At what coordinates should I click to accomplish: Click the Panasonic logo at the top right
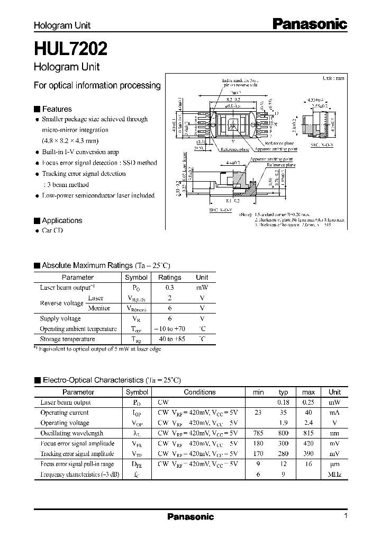(310, 23)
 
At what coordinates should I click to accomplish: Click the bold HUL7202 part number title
(71, 49)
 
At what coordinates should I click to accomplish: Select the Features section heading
(57, 109)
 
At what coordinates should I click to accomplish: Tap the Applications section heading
(61, 220)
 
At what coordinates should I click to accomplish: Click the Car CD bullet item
(56, 231)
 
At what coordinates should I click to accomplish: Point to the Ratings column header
(169, 277)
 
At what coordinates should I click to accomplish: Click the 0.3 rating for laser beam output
(169, 288)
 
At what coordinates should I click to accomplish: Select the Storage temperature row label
(67, 339)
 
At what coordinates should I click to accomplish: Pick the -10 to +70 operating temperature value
(169, 329)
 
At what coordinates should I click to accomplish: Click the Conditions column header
(199, 392)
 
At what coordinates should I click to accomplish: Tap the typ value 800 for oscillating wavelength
(283, 433)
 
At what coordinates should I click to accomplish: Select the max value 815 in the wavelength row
(308, 433)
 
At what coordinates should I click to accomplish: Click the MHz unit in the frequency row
(334, 474)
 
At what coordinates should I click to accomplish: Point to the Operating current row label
(65, 413)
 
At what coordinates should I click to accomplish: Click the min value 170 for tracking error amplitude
(258, 454)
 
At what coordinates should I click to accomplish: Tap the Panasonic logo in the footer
(190, 517)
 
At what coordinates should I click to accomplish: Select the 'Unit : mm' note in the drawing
(333, 78)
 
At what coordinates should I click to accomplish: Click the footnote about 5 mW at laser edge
(101, 349)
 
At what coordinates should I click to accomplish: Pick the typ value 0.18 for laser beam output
(283, 403)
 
